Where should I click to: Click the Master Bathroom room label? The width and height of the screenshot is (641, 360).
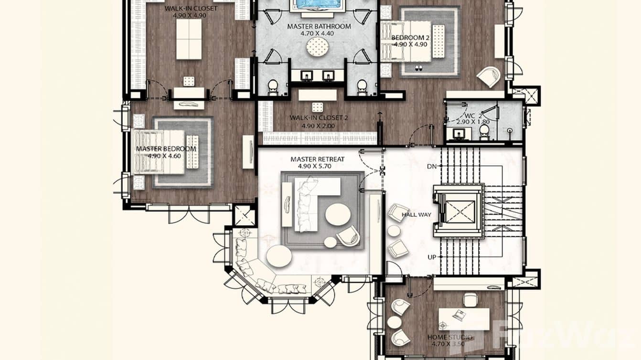coord(319,27)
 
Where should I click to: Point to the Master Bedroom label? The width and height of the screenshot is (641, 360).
coord(166,149)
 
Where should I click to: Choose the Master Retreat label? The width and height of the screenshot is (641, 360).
coord(317,159)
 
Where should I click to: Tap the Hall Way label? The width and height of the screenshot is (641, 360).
coord(416,215)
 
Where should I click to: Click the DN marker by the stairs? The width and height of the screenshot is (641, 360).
coord(431,167)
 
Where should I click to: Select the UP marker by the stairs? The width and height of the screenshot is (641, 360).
coord(432,257)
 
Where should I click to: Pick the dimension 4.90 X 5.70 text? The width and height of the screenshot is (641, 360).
coord(317,167)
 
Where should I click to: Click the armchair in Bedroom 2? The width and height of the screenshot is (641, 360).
coord(488,76)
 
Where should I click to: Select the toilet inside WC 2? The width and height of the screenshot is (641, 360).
coord(484,130)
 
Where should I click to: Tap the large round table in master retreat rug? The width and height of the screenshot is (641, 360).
coord(338,214)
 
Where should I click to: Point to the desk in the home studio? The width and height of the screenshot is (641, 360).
coord(464,318)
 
